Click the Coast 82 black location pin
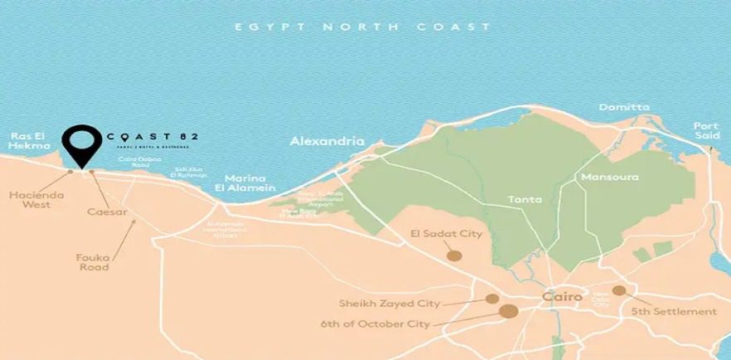[80, 144]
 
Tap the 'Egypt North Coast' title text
[363, 27]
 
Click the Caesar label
[107, 212]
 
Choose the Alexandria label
[327, 142]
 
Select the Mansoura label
[610, 178]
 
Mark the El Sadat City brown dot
[454, 255]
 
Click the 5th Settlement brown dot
[619, 290]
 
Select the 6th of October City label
[375, 324]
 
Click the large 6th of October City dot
[509, 311]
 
